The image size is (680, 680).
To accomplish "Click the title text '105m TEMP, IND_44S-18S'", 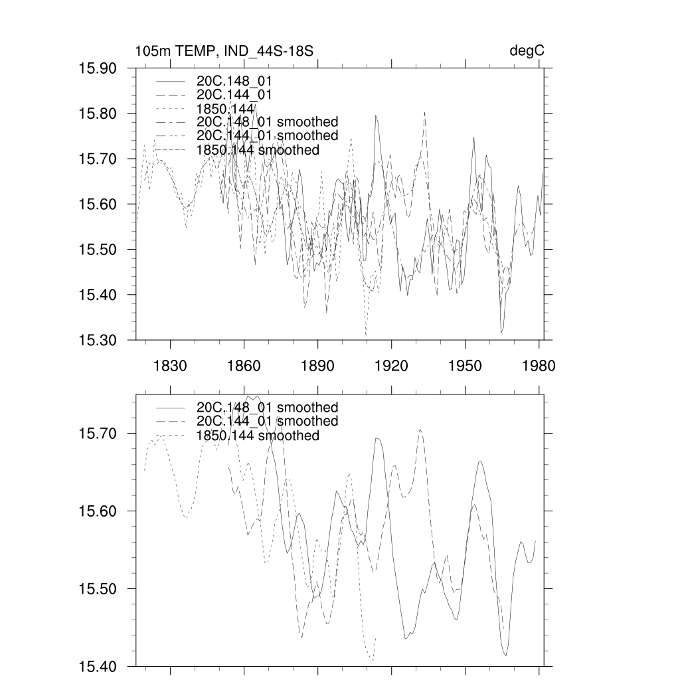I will click(224, 51).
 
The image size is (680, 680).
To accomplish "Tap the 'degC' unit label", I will click(532, 51).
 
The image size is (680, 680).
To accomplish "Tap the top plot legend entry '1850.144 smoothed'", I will click(258, 150).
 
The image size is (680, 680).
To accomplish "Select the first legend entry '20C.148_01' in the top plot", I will click(234, 80).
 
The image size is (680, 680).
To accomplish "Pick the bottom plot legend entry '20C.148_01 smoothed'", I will click(267, 407).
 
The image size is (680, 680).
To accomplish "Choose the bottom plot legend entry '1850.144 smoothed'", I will click(258, 436).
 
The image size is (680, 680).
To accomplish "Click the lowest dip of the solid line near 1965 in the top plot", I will click(501, 333).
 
